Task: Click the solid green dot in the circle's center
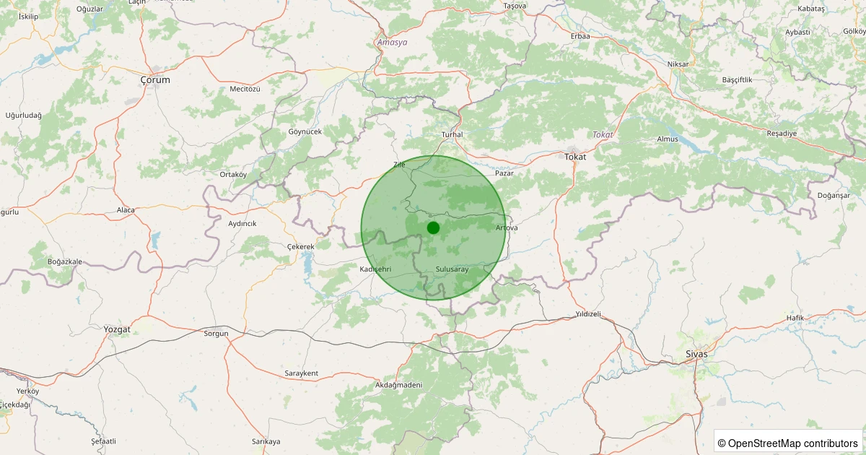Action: [x=433, y=227]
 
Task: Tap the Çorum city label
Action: [x=155, y=80]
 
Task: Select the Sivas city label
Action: [x=696, y=355]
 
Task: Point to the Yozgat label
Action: [x=117, y=329]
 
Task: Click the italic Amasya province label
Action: [x=393, y=43]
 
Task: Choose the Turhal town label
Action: [x=452, y=135]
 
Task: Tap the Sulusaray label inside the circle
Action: [x=452, y=269]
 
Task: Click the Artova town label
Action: [x=507, y=228]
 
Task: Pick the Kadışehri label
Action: [x=375, y=269]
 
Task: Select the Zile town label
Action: [x=399, y=165]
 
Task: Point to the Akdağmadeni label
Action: [x=398, y=385]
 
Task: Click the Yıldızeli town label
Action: [x=588, y=314]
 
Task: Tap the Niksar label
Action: [x=678, y=64]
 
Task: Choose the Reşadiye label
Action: [x=782, y=134]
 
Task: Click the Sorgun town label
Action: [x=216, y=334]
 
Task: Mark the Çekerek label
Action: [x=300, y=246]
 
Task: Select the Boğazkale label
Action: [x=64, y=261]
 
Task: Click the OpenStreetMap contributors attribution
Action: [x=789, y=443]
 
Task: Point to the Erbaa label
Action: [x=580, y=36]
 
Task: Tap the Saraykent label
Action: [x=302, y=373]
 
